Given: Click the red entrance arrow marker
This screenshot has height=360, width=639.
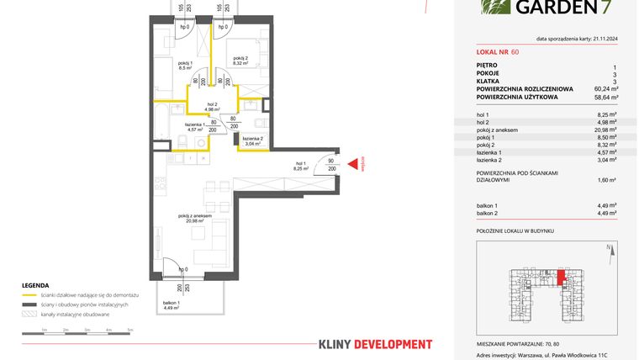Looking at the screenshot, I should (354, 167).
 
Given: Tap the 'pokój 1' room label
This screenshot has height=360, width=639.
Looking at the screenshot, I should (187, 66).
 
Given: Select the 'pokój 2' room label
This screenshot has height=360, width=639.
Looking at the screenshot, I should (240, 58).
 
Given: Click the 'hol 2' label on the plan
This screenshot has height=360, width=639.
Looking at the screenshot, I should (212, 104).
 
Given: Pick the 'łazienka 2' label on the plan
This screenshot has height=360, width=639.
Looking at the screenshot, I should (254, 140).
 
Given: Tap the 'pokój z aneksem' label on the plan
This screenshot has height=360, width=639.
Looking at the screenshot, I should (194, 218).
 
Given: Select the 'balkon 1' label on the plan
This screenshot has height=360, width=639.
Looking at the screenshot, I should (172, 303).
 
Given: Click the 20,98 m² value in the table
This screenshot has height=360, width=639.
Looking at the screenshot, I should (607, 130).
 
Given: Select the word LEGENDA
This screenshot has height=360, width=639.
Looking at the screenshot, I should (35, 285).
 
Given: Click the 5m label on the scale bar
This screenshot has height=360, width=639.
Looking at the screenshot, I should (129, 331).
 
